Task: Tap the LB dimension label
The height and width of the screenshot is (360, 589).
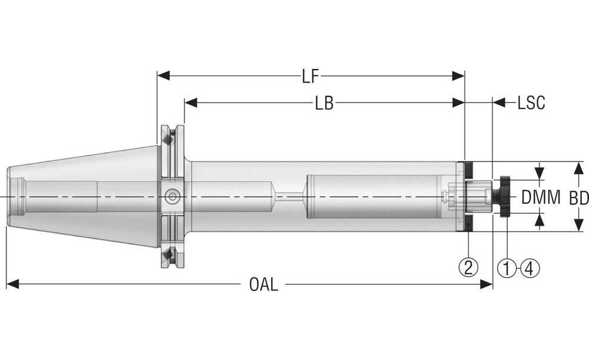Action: pyautogui.click(x=324, y=104)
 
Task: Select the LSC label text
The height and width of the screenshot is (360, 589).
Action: pyautogui.click(x=531, y=104)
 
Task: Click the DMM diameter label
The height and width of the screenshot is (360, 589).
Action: pyautogui.click(x=541, y=197)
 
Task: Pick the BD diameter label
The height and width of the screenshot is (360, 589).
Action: pyautogui.click(x=578, y=197)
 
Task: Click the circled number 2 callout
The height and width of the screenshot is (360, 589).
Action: pyautogui.click(x=468, y=268)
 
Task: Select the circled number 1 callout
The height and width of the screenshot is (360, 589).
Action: pyautogui.click(x=507, y=268)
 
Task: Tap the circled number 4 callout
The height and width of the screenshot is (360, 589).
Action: pyautogui.click(x=528, y=268)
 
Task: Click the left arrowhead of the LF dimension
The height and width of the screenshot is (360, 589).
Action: pyautogui.click(x=163, y=75)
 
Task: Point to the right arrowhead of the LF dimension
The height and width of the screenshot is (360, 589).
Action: pyautogui.click(x=458, y=75)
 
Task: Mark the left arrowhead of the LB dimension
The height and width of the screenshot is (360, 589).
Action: pyautogui.click(x=190, y=103)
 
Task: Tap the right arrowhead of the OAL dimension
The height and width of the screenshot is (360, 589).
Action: pyautogui.click(x=486, y=285)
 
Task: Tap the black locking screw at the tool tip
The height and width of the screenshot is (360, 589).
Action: pyautogui.click(x=505, y=197)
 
